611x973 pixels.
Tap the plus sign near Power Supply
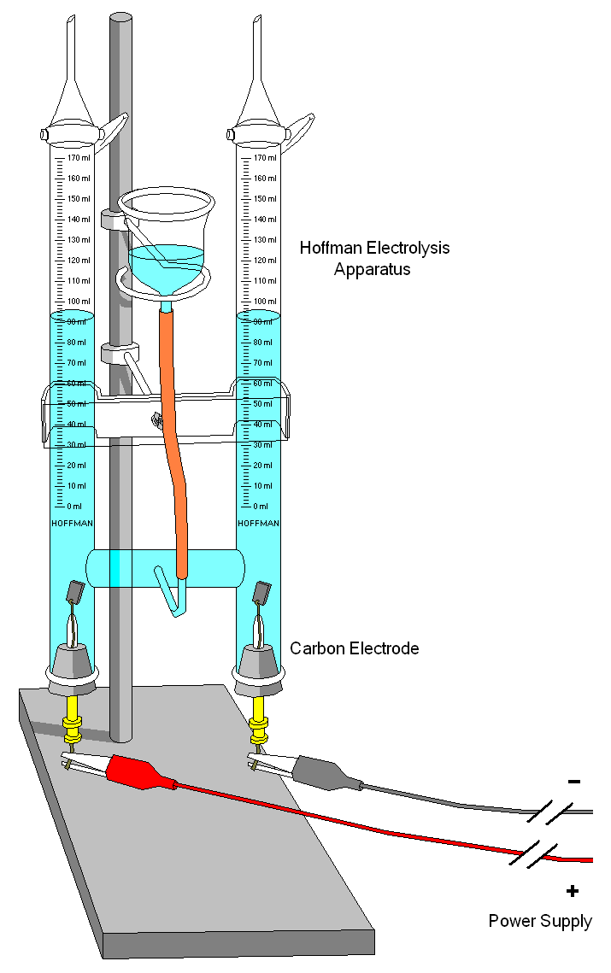click(572, 891)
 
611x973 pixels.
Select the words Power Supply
click(540, 921)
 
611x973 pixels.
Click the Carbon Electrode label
click(355, 648)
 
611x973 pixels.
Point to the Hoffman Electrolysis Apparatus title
click(374, 258)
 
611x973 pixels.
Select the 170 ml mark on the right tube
click(266, 158)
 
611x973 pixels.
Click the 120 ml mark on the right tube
click(266, 261)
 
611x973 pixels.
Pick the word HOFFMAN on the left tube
click(73, 523)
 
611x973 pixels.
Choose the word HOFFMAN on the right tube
click(258, 523)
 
